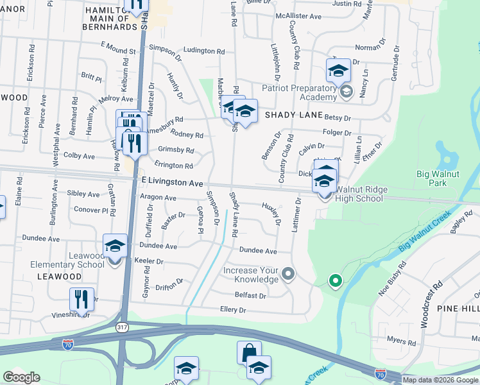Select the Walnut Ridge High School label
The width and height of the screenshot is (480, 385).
tap(359, 194)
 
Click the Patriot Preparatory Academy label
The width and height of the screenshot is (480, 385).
tap(299, 92)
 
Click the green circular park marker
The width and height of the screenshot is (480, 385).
tap(334, 280)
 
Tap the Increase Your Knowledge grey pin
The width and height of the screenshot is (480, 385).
tap(288, 275)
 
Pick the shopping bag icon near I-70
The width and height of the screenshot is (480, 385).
tap(249, 353)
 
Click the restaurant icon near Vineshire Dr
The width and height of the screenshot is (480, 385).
tap(81, 299)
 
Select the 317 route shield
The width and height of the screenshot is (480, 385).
tap(121, 328)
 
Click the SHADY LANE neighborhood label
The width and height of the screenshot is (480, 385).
tap(291, 115)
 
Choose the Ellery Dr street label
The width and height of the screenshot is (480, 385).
tap(233, 309)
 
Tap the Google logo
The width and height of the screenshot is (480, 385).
tap(22, 377)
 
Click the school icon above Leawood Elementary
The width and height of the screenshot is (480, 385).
tap(116, 246)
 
